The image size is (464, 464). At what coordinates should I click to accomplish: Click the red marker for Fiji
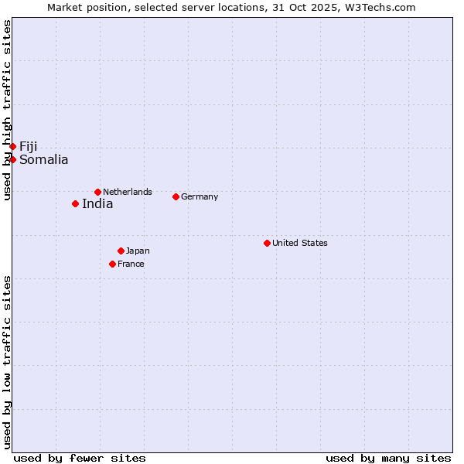click(12, 146)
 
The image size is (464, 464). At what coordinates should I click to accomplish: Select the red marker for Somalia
click(12, 159)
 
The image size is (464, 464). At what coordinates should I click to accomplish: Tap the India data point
click(75, 203)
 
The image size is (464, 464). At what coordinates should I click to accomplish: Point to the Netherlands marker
click(97, 192)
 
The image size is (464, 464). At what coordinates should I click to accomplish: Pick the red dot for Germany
click(176, 196)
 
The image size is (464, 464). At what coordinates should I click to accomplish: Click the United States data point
click(267, 243)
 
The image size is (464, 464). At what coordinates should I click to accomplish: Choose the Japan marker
click(121, 251)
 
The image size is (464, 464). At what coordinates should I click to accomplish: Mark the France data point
click(112, 264)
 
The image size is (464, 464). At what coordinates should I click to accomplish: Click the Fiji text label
click(29, 147)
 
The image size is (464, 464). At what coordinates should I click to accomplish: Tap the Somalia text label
click(44, 160)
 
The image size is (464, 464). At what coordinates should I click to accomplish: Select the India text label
click(97, 204)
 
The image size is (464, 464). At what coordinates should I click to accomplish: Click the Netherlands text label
click(128, 192)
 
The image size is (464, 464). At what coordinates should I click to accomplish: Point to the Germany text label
click(200, 196)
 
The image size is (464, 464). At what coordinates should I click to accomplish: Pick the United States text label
click(300, 243)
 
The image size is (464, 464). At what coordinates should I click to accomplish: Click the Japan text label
click(138, 251)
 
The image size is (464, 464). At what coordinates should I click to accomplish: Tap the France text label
click(131, 264)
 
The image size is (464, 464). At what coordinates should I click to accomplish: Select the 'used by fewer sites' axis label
click(80, 458)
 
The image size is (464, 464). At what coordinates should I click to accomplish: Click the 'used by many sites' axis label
click(388, 458)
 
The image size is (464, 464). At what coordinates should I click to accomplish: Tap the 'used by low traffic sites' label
click(7, 362)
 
